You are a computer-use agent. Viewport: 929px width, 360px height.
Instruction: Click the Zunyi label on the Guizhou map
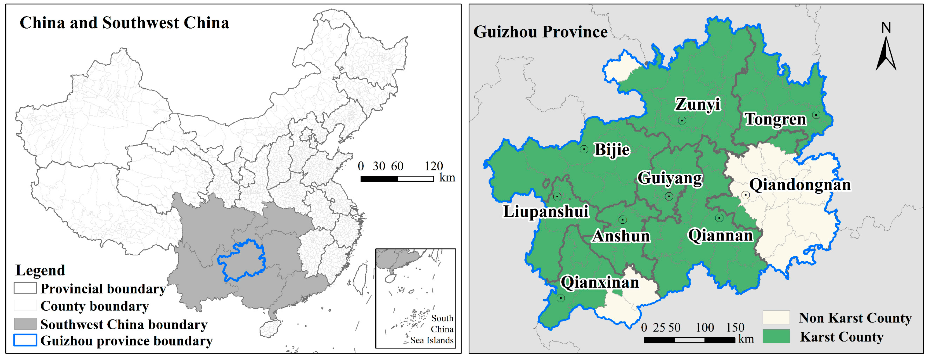(698, 104)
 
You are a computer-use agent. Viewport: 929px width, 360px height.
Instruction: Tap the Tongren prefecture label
(775, 119)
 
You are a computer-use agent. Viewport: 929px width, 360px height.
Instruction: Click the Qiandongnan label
(800, 185)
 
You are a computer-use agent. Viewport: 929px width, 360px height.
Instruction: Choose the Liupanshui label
(546, 211)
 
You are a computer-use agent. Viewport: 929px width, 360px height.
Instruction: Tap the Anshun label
(621, 236)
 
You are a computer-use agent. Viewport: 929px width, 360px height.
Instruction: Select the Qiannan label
(720, 236)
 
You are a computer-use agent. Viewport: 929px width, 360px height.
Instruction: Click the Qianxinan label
(599, 282)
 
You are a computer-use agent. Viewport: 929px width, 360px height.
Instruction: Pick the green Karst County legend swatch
(776, 336)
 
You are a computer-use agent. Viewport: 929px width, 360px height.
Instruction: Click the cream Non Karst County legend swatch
(776, 318)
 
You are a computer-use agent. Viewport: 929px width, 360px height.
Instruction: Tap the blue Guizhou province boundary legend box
(25, 340)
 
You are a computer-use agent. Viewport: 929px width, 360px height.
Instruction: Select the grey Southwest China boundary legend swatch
(25, 324)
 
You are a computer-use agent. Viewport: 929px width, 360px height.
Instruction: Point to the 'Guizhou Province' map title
(540, 32)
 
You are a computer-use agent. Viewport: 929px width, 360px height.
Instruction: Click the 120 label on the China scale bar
(433, 166)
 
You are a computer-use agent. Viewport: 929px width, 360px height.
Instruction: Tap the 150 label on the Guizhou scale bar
(735, 328)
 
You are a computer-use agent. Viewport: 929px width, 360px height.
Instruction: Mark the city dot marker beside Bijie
(584, 149)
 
